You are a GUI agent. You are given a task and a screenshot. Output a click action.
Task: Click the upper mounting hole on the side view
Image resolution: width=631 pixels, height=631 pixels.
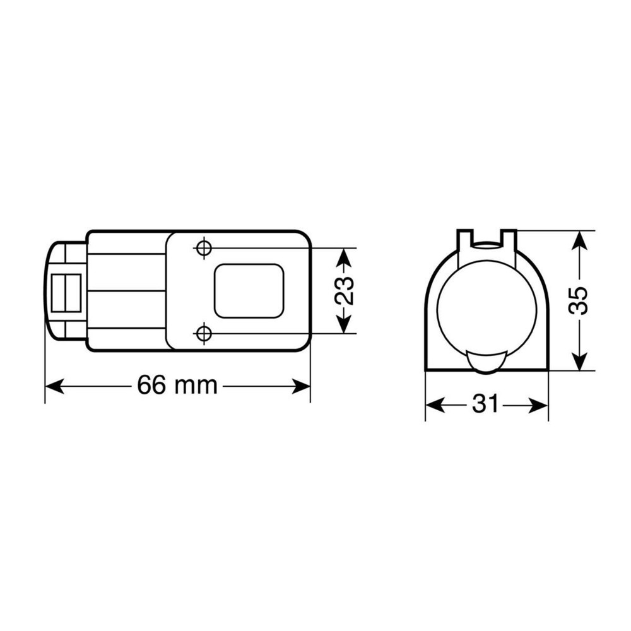pos(203,248)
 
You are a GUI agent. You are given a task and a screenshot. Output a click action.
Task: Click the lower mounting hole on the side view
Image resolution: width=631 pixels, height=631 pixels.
pos(203,333)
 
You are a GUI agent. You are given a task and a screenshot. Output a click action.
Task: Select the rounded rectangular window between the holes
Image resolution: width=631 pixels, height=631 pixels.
pos(249,290)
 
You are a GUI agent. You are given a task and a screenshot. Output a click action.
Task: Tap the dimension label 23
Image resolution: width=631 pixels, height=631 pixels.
pos(344,290)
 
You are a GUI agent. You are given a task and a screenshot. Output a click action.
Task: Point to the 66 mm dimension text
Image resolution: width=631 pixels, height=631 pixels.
pos(177,386)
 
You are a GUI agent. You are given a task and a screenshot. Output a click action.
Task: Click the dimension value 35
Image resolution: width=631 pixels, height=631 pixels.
pos(579,300)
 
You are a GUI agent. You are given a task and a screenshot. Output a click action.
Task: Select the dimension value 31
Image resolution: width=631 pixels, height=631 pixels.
pos(486,404)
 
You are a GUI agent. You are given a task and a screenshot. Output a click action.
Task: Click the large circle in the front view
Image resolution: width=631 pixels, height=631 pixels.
pos(487,309)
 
